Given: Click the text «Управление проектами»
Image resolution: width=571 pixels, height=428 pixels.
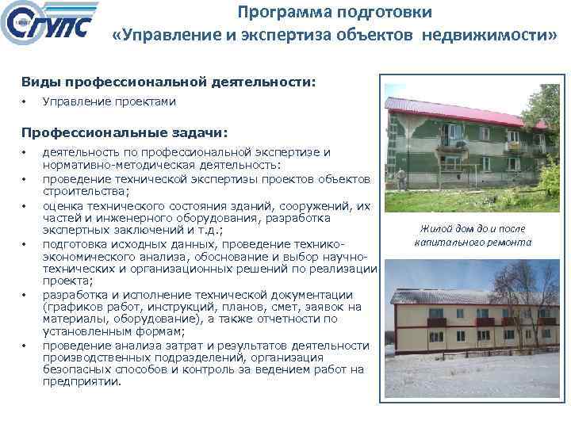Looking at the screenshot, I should pos(109,101).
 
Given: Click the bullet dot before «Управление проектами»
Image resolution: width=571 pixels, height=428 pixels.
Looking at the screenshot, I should pos(25,101).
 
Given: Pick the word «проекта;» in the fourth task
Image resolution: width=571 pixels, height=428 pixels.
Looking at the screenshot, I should pos(67,281).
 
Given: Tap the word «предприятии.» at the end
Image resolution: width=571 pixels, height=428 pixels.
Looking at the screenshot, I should pos(82,381).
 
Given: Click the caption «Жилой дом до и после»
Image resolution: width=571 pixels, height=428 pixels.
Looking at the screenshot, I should pos(473,229).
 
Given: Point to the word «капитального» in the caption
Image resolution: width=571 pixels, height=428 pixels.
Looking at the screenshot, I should pos(448,243).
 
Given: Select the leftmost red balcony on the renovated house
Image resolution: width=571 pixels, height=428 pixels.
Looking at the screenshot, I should pos(436,323).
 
